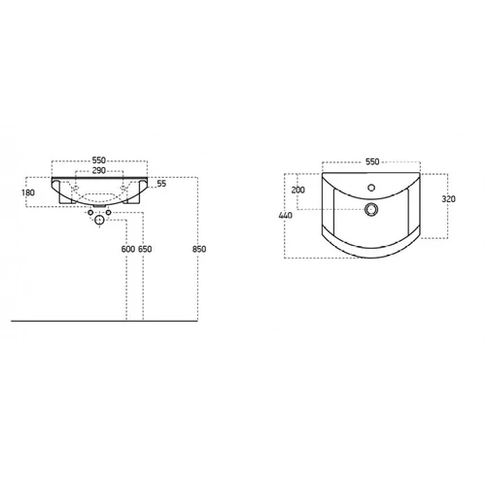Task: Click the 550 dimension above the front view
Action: tap(99, 160)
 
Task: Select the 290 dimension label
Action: tap(99, 170)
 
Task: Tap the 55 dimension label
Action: tap(161, 184)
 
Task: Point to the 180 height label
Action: tap(28, 192)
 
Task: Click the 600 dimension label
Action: tap(128, 249)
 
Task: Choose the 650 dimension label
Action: tap(145, 249)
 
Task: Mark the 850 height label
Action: tap(199, 249)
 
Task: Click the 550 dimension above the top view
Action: tap(372, 161)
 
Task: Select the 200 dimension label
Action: tap(298, 190)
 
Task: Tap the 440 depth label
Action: tap(286, 215)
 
